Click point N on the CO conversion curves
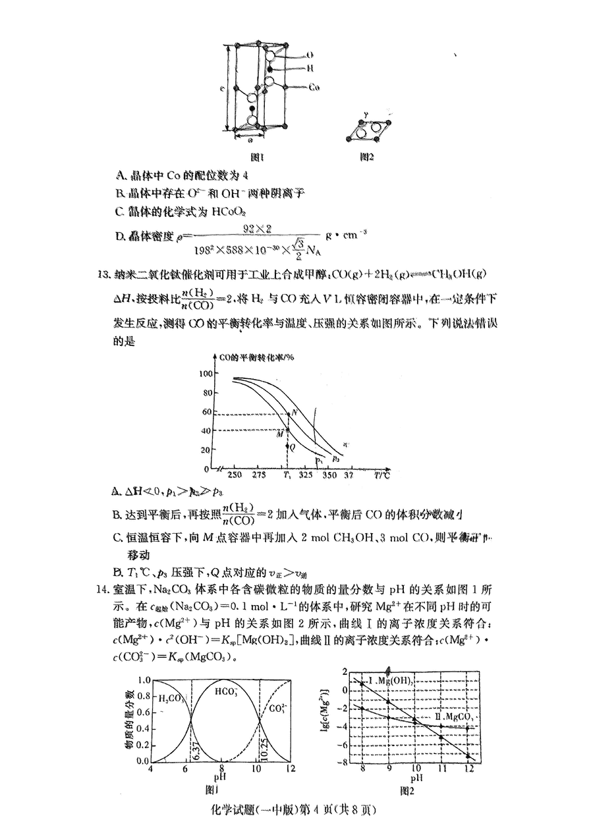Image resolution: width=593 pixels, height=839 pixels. [x=295, y=412]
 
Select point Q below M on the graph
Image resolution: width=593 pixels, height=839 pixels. [x=292, y=446]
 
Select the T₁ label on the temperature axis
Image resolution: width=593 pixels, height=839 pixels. [x=287, y=475]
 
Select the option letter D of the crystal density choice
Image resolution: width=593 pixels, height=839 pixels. [x=120, y=236]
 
